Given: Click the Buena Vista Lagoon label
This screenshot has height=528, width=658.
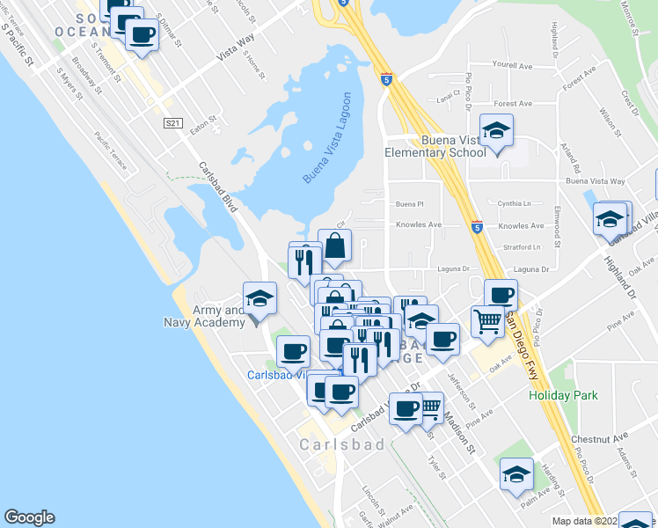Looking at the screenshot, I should [x=328, y=138].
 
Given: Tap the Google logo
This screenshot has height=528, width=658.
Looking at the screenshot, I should [x=29, y=517].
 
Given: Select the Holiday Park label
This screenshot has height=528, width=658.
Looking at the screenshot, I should [x=563, y=396].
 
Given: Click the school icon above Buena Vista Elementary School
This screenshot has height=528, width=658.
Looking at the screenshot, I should [x=497, y=130].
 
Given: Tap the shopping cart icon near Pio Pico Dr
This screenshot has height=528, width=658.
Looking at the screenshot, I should [x=487, y=320].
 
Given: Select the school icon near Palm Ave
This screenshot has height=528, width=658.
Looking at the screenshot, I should [x=516, y=473].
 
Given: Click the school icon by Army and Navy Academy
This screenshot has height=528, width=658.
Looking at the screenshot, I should [x=260, y=297].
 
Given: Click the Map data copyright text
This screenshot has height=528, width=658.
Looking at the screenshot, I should [x=585, y=521].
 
